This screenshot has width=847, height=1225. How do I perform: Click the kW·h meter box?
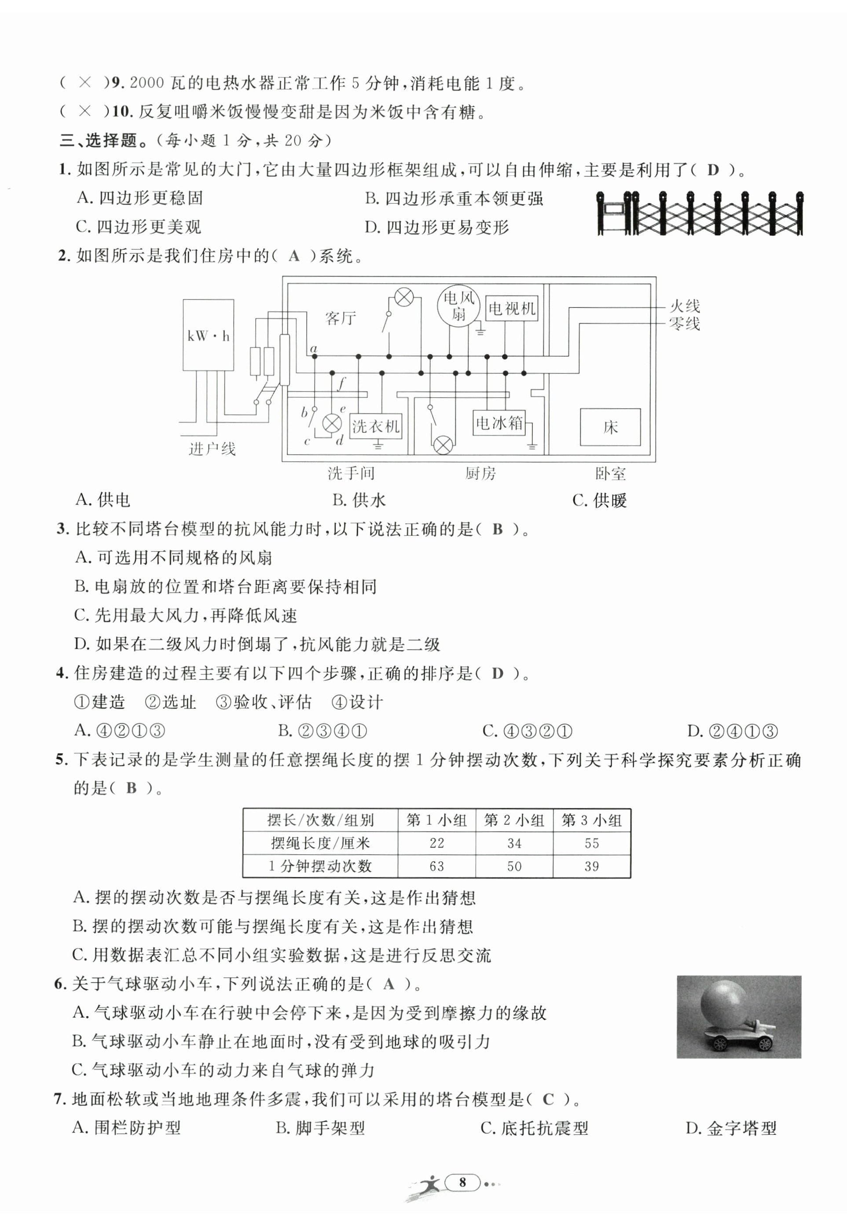[x=208, y=335]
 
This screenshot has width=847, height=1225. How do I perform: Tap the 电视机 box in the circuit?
[x=512, y=308]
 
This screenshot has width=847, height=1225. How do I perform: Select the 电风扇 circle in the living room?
[x=458, y=305]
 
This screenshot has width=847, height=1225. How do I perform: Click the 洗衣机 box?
[x=376, y=426]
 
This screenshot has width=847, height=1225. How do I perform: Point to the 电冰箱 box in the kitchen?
[x=499, y=423]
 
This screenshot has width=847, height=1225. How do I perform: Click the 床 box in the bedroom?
[x=610, y=427]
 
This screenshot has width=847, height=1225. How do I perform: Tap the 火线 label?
[x=684, y=306]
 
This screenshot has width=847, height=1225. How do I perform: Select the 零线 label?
[x=684, y=323]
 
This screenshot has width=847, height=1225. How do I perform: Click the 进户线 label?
[x=212, y=449]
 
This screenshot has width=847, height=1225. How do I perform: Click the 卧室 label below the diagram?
[x=610, y=473]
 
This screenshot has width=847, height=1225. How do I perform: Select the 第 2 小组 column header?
[x=514, y=820]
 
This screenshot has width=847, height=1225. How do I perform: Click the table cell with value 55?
[x=591, y=843]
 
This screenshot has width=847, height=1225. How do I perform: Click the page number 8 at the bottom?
[x=462, y=1182]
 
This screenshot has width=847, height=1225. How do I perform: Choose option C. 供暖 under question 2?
[x=599, y=500]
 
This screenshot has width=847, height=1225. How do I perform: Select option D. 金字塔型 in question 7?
[x=731, y=1128]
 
